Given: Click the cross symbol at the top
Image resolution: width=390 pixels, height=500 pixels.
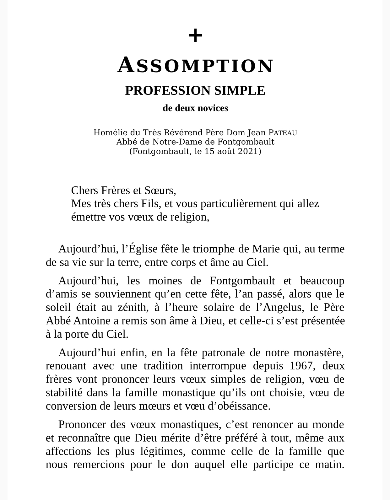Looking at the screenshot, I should (195, 35).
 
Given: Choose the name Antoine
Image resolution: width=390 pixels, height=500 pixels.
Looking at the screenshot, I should (91, 321).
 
